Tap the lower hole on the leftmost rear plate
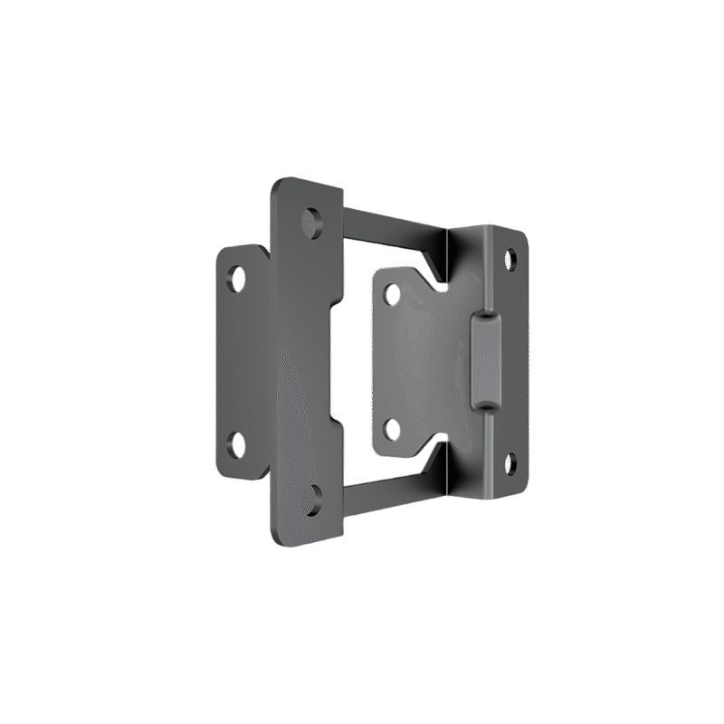(x=239, y=443)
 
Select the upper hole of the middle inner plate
(x=391, y=293)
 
